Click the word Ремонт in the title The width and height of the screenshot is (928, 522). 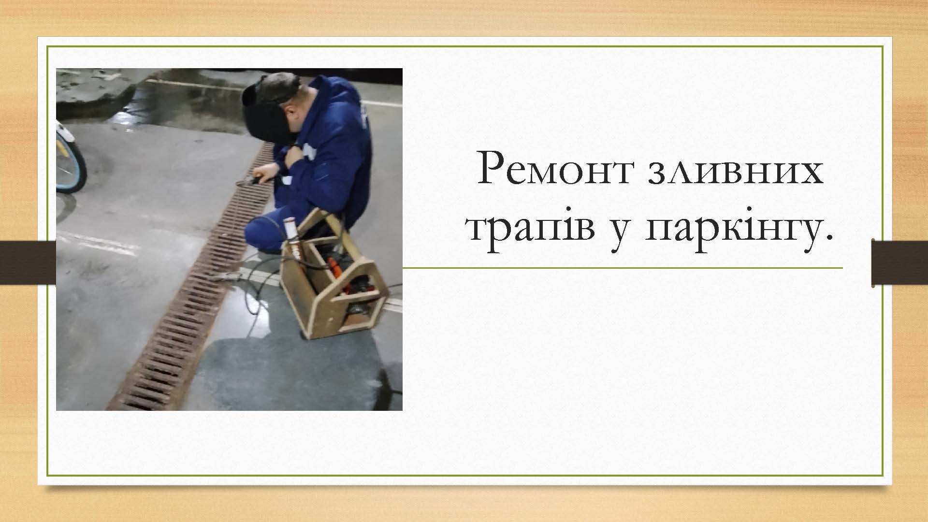coord(554,169)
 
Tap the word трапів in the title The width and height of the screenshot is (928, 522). coord(531,229)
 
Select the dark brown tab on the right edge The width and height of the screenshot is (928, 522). coord(899,263)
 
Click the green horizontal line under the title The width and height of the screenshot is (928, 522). coord(623,267)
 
